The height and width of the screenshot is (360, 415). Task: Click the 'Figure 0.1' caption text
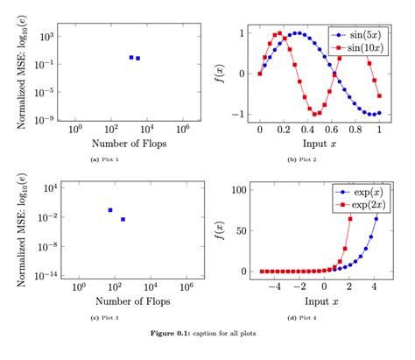coord(207,335)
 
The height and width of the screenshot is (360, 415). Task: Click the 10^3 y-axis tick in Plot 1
coord(46,36)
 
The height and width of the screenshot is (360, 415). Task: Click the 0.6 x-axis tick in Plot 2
coord(332,129)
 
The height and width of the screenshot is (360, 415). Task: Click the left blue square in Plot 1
coord(131,57)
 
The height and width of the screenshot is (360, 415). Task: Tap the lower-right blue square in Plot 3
coord(123,219)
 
